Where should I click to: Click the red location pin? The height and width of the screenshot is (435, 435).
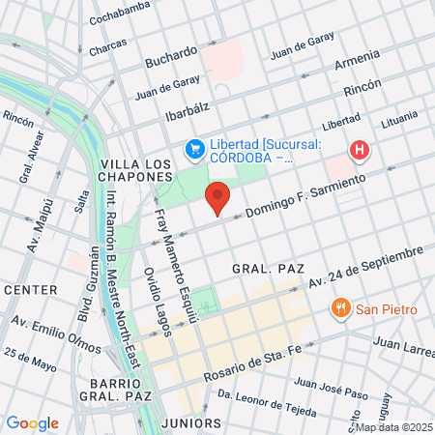click(218, 197)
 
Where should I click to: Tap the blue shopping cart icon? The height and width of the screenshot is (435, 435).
click(194, 148)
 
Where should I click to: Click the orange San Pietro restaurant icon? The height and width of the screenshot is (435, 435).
click(339, 309)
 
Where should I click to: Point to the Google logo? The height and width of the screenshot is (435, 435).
click(32, 423)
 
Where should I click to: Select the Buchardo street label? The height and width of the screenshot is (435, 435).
click(171, 57)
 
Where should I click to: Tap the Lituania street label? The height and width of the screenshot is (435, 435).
click(398, 121)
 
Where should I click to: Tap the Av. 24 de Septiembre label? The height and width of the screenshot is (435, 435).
click(366, 267)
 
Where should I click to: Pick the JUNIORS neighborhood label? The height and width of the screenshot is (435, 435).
click(192, 423)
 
